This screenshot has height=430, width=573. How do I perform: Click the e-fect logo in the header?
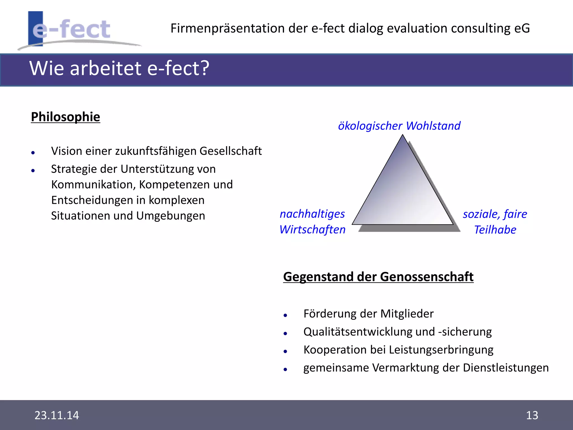pyautogui.click(x=71, y=29)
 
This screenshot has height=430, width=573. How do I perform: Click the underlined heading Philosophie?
pyautogui.click(x=65, y=117)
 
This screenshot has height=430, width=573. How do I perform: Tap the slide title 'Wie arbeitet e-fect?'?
pyautogui.click(x=119, y=68)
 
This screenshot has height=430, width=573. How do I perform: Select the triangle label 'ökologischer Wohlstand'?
pyautogui.click(x=399, y=126)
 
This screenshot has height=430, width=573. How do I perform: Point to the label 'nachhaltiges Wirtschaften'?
pyautogui.click(x=313, y=222)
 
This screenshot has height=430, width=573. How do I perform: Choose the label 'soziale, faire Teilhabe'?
pyautogui.click(x=495, y=222)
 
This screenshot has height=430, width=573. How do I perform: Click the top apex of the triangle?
pyautogui.click(x=403, y=136)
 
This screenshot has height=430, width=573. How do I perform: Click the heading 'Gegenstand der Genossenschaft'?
pyautogui.click(x=378, y=277)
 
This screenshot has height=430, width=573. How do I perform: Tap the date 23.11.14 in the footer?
pyautogui.click(x=57, y=415)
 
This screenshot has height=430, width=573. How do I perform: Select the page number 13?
pyautogui.click(x=532, y=415)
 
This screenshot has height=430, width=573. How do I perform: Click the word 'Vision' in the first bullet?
pyautogui.click(x=67, y=151)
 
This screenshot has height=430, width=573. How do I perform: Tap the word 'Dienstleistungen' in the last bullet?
pyautogui.click(x=506, y=368)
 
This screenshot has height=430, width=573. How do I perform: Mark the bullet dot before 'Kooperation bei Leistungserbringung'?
pyautogui.click(x=285, y=351)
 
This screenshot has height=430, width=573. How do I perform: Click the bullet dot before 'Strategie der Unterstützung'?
pyautogui.click(x=33, y=170)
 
